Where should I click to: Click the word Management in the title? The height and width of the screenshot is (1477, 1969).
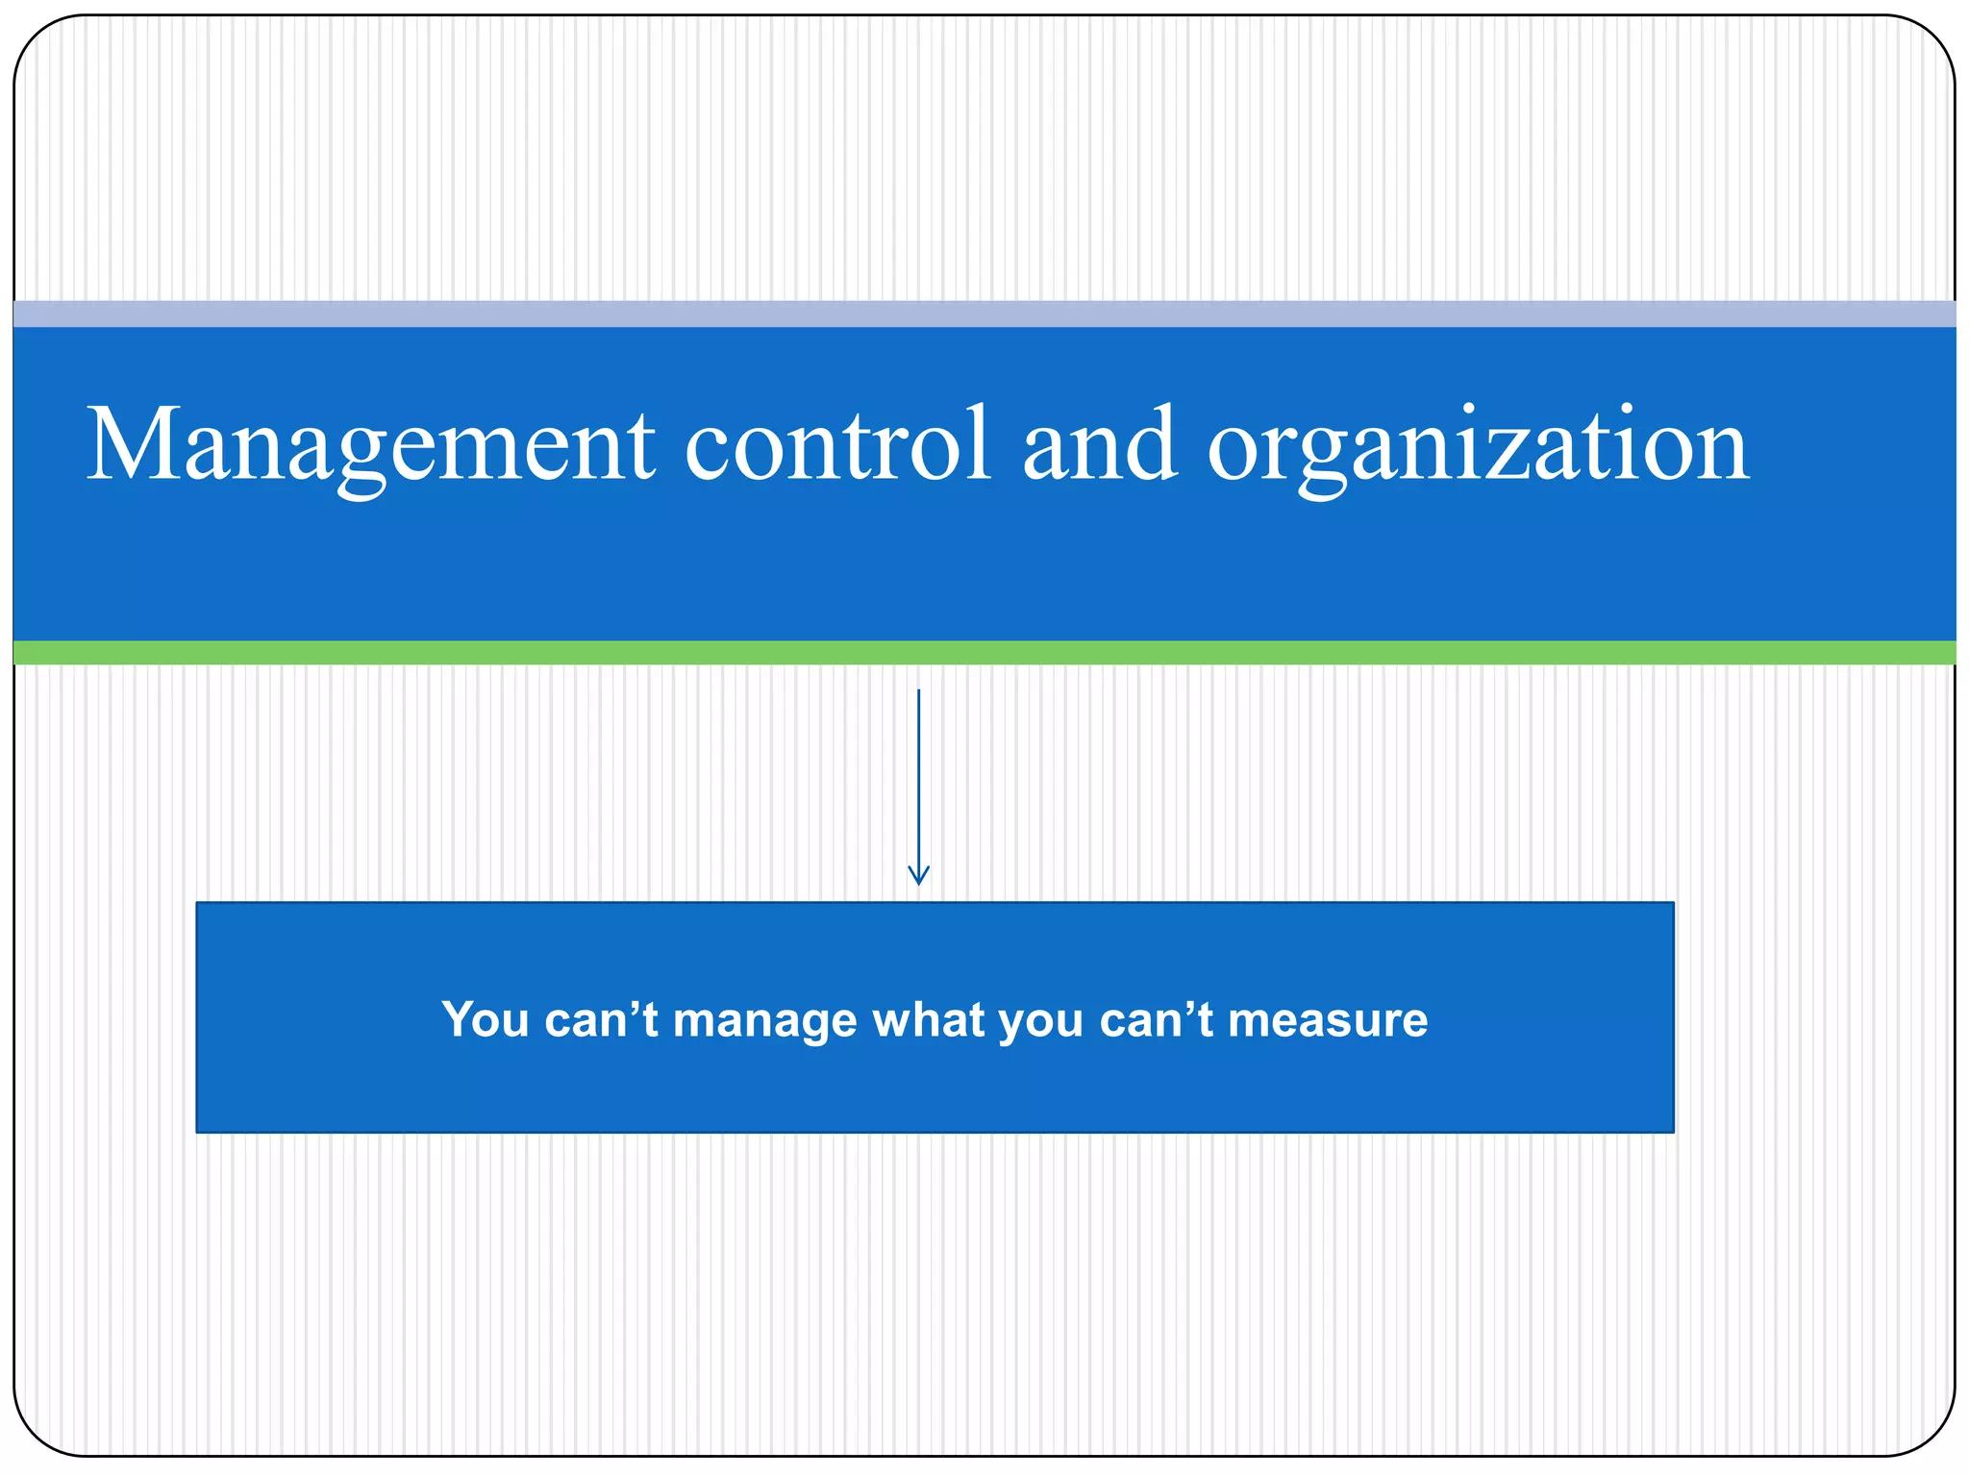370,444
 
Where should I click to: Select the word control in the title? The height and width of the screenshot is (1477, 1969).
836,444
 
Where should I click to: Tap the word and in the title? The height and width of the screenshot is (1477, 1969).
1099,444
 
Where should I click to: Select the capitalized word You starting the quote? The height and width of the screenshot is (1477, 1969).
485,1019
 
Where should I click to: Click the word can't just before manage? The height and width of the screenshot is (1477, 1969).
601,1019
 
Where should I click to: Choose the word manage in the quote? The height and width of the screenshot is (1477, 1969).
764,1021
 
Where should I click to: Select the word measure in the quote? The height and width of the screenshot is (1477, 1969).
1328,1019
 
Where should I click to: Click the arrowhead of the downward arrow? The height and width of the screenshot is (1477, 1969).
918,875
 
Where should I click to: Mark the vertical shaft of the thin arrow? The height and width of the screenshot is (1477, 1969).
918,769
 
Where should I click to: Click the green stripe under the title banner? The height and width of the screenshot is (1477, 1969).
984,653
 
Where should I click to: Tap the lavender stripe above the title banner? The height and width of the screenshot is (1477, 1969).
984,313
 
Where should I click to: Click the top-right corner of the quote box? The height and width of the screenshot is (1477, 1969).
1671,905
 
